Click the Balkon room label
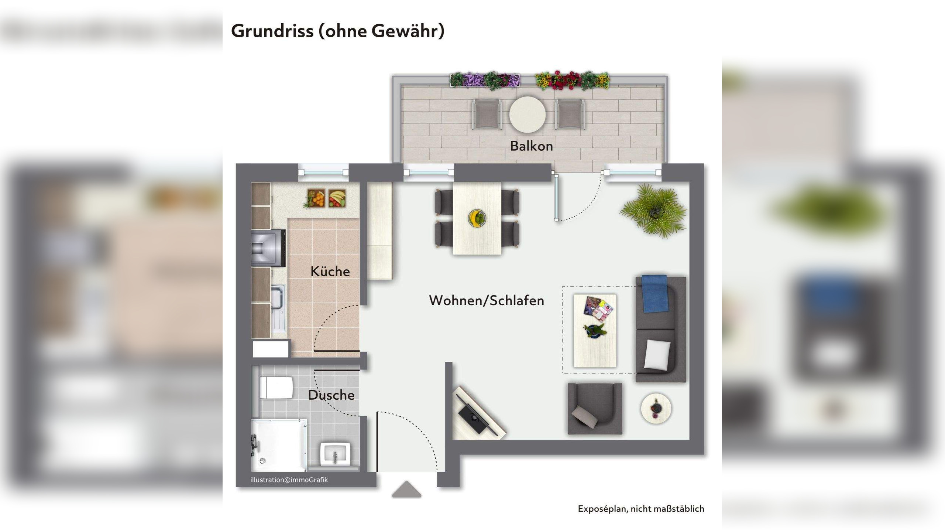tap(531, 146)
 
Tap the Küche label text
tap(330, 272)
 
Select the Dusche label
tap(331, 395)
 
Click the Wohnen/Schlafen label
tap(486, 301)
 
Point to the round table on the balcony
tap(527, 115)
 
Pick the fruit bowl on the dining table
tap(477, 218)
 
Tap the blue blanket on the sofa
tap(655, 294)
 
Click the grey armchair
tap(594, 408)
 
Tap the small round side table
tap(656, 408)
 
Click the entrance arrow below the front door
tap(406, 490)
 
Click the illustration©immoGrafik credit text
tap(289, 480)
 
